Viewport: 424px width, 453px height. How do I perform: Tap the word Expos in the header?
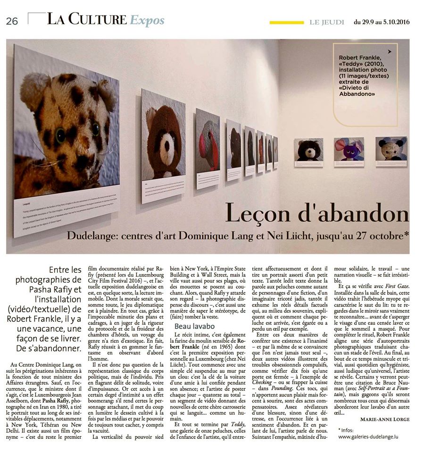pyautogui.click(x=147, y=20)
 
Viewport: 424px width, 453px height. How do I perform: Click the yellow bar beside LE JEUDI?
pyautogui.click(x=286, y=22)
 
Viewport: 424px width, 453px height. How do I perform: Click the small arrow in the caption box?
pyautogui.click(x=390, y=51)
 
